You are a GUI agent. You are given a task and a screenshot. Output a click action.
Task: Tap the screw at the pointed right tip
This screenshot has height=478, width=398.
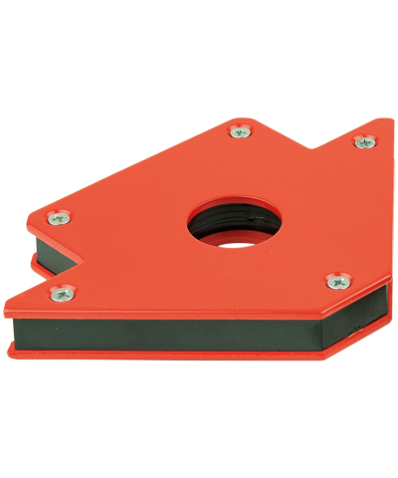tap(364, 142)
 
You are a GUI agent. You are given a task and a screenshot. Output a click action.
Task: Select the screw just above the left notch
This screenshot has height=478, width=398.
tap(61, 216)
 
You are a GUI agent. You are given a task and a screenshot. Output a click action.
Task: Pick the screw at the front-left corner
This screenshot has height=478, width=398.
tap(61, 292)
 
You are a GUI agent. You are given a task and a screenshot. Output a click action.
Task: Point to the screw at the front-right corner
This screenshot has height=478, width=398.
tap(336, 281)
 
